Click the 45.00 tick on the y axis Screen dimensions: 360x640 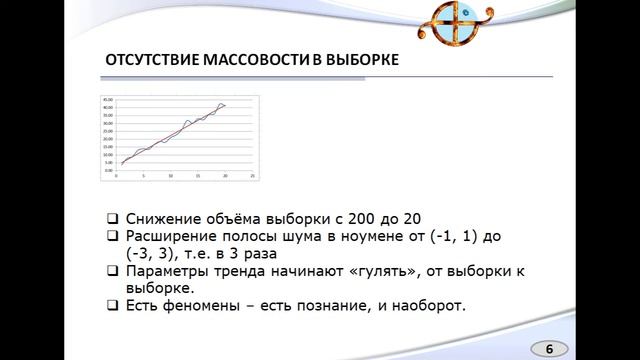(109, 100)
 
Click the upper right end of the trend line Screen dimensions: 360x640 (226, 104)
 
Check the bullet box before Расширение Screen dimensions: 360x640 (112, 236)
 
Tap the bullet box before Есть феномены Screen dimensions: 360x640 (112, 304)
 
